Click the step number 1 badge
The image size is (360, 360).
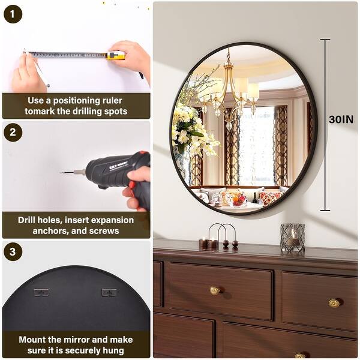(x=13, y=13)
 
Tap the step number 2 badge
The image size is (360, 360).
(x=13, y=133)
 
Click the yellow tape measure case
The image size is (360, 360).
(x=116, y=56)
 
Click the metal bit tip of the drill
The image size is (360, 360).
(x=70, y=172)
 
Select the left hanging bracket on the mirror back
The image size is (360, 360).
(x=41, y=293)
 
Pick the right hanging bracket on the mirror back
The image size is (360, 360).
(x=109, y=293)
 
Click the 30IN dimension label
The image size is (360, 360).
(x=341, y=119)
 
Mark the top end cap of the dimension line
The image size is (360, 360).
(x=325, y=40)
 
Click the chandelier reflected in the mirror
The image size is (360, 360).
(x=231, y=93)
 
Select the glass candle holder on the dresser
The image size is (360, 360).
(x=292, y=238)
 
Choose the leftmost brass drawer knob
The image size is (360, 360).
(x=214, y=291)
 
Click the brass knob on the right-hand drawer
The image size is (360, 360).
(x=334, y=303)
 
